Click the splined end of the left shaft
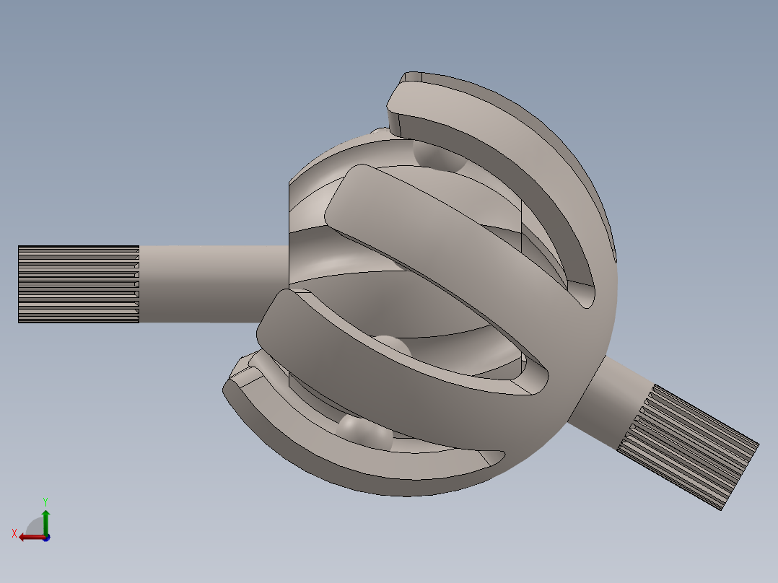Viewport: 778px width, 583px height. click(x=78, y=284)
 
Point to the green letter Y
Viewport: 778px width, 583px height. click(x=45, y=501)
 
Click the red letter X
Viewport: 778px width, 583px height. click(x=14, y=534)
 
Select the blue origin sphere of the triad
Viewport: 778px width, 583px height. click(x=46, y=538)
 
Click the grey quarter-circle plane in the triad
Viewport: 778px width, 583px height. click(x=35, y=527)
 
